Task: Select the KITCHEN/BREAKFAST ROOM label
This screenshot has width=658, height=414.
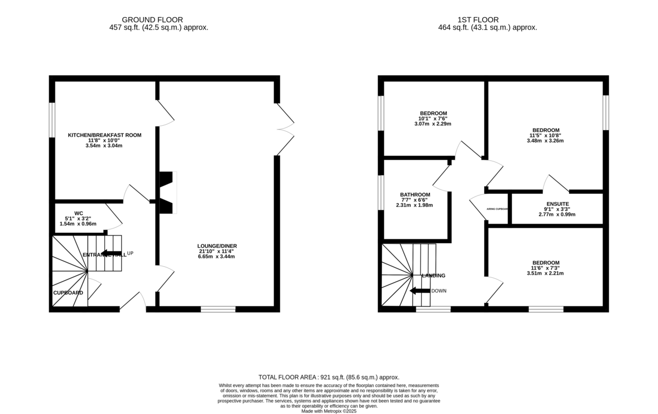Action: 104,135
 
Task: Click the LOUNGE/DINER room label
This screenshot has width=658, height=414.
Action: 218,246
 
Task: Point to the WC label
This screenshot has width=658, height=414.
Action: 78,213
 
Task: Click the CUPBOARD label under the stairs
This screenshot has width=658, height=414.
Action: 68,293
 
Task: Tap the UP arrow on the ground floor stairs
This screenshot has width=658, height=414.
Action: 112,253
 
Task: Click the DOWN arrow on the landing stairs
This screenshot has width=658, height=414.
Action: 421,290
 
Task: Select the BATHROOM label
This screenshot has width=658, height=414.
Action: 415,194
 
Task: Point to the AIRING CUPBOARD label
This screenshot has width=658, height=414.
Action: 497,209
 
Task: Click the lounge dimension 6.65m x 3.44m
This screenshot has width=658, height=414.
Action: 218,256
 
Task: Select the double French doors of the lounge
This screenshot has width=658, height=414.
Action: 285,129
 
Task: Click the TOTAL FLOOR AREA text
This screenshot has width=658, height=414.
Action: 328,377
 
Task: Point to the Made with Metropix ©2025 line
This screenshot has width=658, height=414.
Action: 328,410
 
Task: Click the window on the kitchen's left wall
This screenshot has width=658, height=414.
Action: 52,119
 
